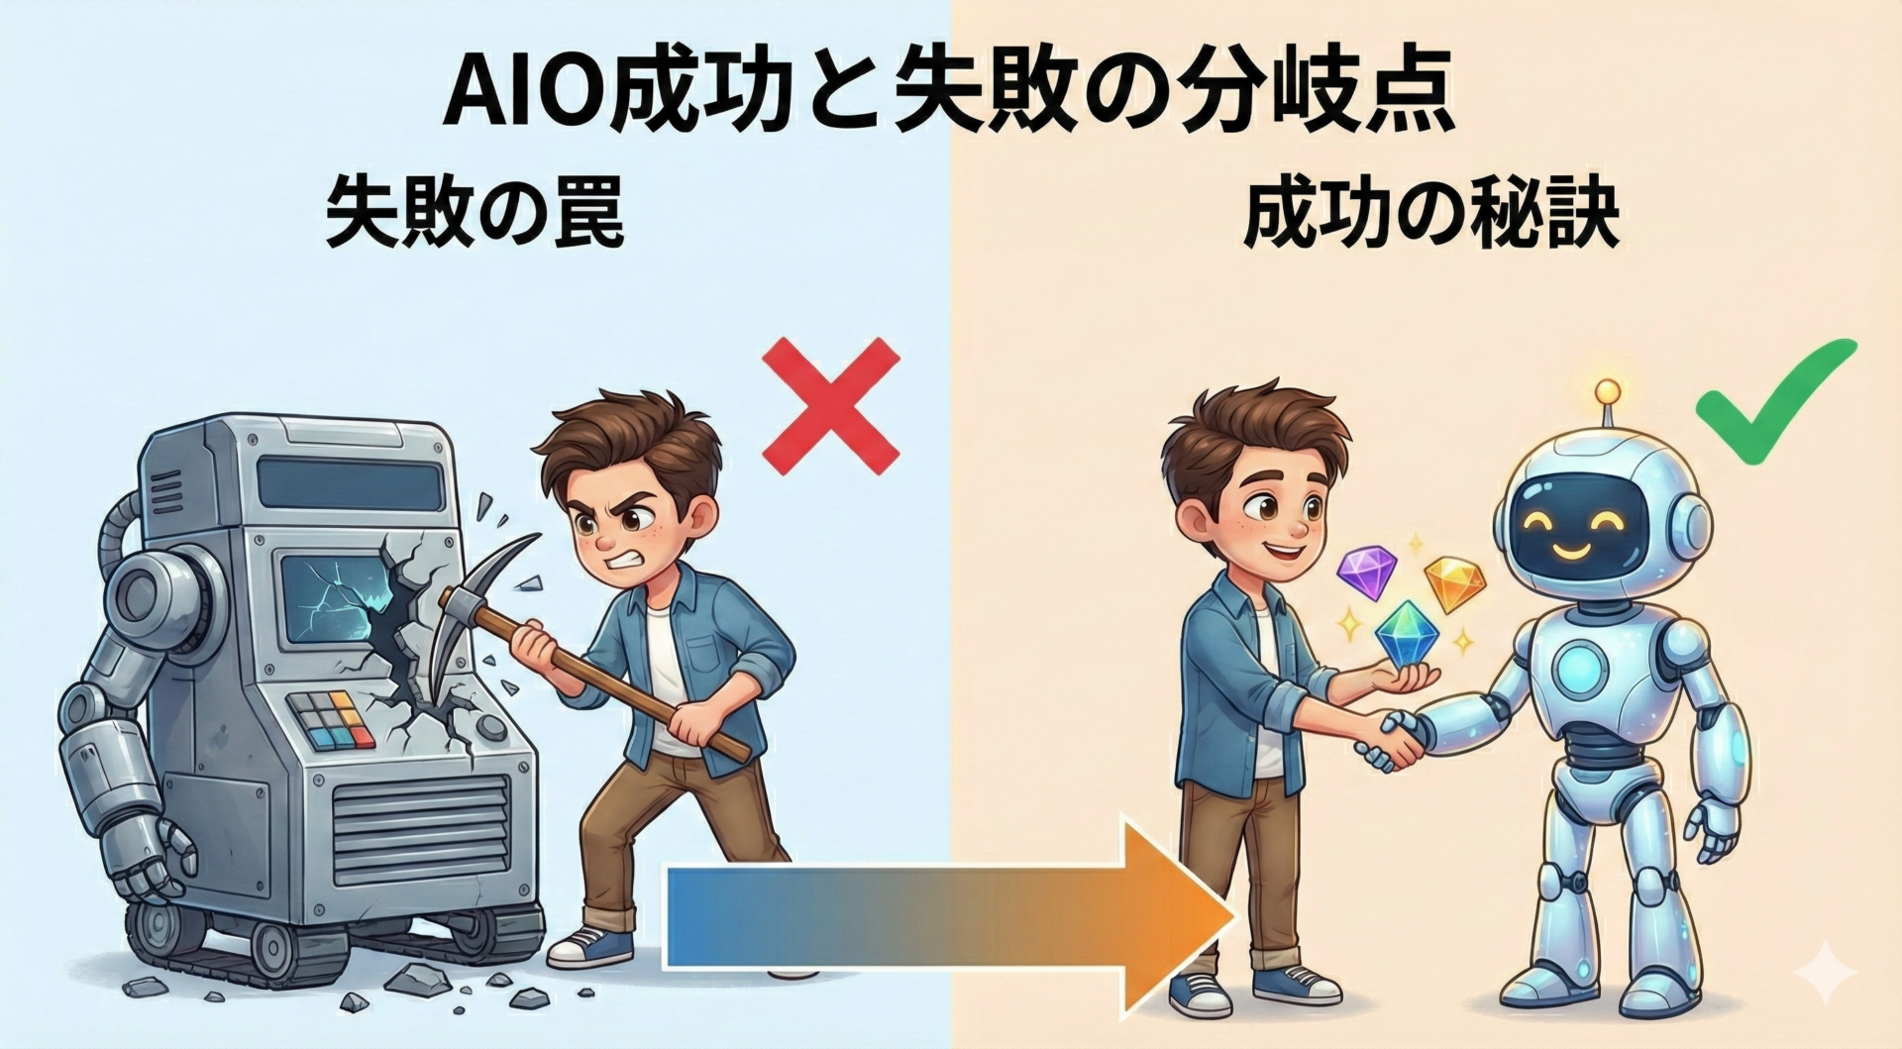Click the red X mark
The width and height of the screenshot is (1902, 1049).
pyautogui.click(x=830, y=406)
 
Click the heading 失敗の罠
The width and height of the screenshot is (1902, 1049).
pyautogui.click(x=475, y=214)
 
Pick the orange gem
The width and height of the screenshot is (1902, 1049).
pyautogui.click(x=1455, y=583)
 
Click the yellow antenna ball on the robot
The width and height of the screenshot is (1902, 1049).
pyautogui.click(x=1607, y=391)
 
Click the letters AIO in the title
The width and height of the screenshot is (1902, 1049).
pyautogui.click(x=525, y=94)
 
